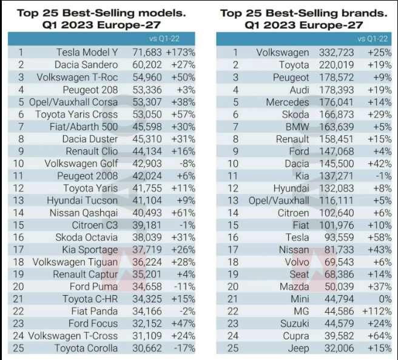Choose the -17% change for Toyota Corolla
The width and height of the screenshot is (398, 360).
point(183,348)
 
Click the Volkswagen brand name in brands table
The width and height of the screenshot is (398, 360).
point(282,53)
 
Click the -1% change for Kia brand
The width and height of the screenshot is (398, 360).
point(380,176)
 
